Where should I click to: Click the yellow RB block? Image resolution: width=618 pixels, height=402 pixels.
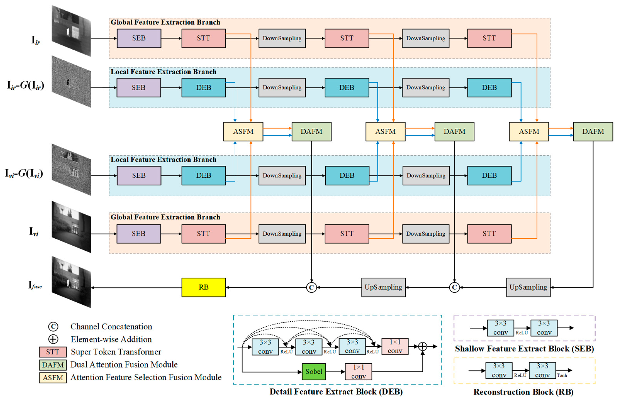(203, 287)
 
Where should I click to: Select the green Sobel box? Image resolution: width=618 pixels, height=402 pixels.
(314, 372)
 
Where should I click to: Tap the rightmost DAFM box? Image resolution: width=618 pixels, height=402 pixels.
(593, 132)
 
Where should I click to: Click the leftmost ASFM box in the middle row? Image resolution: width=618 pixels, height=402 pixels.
(243, 132)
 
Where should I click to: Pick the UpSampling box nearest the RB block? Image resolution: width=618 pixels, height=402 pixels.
(383, 287)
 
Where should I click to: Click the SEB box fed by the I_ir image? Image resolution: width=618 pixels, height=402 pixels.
(139, 38)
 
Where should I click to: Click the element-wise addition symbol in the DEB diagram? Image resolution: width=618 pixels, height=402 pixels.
(422, 346)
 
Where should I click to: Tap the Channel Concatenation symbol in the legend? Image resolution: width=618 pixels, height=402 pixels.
(53, 326)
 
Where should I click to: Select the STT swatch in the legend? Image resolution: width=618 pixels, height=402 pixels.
(53, 352)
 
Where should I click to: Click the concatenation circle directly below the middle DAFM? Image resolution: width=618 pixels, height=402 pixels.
(454, 287)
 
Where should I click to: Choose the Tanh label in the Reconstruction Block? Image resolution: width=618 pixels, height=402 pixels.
(562, 376)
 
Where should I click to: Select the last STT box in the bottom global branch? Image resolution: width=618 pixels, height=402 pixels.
(489, 234)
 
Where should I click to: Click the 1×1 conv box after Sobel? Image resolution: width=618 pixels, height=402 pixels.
(358, 372)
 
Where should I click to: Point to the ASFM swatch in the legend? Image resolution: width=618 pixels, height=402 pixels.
(53, 378)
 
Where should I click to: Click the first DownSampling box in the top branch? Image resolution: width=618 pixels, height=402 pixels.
(282, 38)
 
